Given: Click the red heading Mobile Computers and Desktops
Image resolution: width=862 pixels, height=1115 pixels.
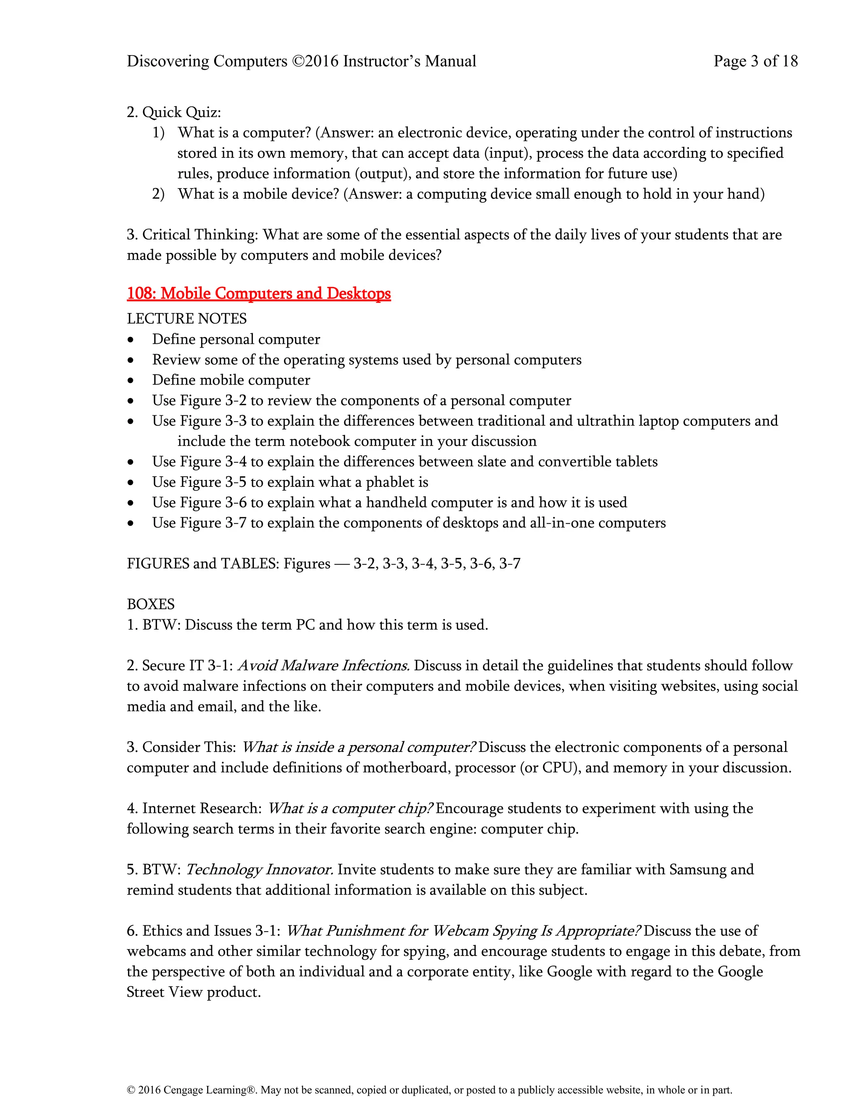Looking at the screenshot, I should (258, 294).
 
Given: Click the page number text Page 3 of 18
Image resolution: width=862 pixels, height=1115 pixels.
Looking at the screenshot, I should (755, 61).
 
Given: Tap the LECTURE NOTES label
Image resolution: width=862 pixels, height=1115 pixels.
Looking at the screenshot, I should (186, 319).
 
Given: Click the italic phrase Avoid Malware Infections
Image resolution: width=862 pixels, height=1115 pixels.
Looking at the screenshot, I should (323, 666).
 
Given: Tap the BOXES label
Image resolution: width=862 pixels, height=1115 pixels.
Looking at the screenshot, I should (151, 605).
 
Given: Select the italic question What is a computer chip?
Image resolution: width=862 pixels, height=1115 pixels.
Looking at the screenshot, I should (350, 808).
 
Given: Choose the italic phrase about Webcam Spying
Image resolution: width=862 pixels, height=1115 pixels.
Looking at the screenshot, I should (463, 931).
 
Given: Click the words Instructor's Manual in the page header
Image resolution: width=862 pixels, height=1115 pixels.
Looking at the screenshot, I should (410, 61).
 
